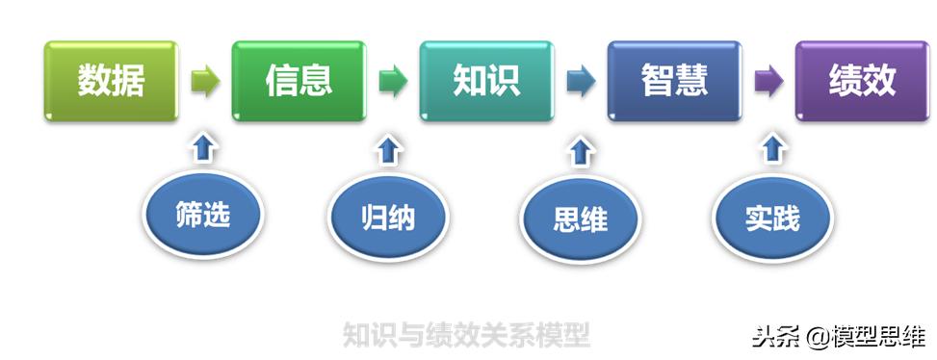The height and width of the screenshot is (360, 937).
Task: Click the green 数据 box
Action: [x=112, y=81]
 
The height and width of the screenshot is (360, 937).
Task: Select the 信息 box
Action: [x=299, y=81]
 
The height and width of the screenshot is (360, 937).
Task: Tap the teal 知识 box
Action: [x=486, y=81]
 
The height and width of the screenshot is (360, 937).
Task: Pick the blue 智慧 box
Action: [x=674, y=81]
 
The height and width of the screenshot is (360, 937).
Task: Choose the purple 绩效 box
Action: [x=862, y=81]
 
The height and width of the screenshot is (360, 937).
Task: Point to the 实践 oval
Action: [x=771, y=219]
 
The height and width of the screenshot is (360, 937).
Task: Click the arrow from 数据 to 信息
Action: [x=205, y=82]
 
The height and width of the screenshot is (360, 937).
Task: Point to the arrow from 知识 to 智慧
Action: [x=581, y=82]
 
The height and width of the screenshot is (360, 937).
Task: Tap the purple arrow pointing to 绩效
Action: [x=768, y=82]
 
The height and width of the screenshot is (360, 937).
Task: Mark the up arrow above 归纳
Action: [x=388, y=149]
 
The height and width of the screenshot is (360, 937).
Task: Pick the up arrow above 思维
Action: [x=580, y=151]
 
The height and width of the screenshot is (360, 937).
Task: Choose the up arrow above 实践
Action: [x=772, y=149]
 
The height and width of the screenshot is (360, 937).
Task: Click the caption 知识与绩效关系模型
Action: [x=467, y=334]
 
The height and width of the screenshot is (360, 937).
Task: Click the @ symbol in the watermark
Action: [x=818, y=337]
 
